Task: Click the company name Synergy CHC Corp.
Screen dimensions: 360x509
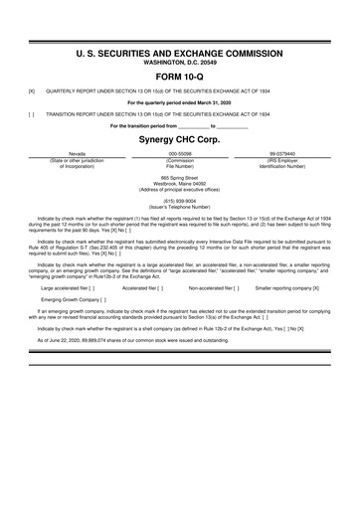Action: click(x=179, y=140)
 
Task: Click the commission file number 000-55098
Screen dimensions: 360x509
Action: click(x=180, y=155)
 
